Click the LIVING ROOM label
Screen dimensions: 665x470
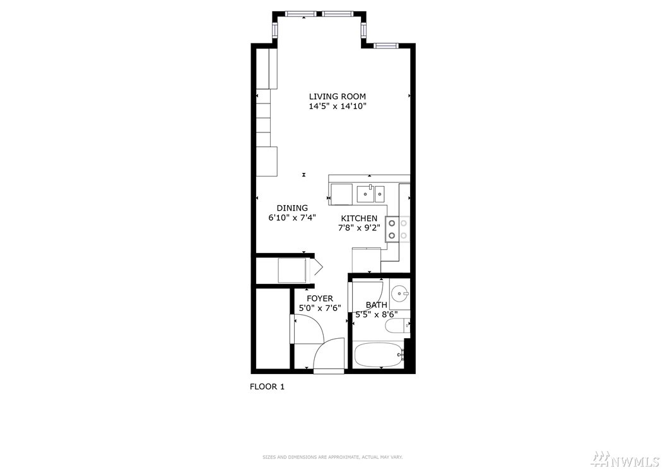337,97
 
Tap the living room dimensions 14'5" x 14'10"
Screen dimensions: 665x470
337,107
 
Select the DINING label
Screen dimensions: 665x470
292,208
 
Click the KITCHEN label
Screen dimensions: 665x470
359,218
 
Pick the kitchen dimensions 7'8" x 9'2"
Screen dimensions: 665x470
359,228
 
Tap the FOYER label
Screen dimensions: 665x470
320,298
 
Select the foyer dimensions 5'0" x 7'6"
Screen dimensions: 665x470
320,308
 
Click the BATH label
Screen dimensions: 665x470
376,305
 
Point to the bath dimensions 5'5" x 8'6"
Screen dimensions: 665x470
376,314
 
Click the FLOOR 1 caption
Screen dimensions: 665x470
267,387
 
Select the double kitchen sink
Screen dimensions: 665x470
370,194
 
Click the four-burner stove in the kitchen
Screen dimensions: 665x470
398,229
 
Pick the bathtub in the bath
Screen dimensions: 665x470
379,355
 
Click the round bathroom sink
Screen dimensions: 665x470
399,293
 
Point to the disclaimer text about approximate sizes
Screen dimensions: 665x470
332,457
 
